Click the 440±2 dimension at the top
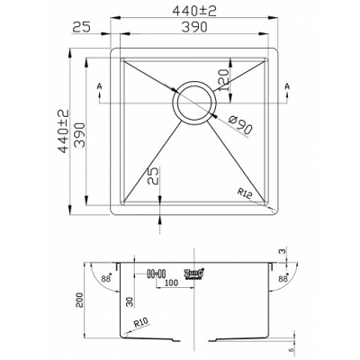(195, 11)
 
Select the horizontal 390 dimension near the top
(195, 28)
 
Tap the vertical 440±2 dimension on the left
(63, 132)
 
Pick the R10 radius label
(139, 322)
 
